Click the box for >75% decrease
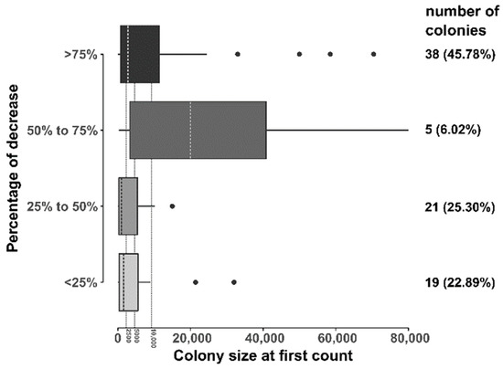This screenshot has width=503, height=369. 140,55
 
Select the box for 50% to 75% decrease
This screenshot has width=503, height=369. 198,131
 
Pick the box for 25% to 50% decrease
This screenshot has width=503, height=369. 128,206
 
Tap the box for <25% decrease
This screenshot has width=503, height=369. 129,282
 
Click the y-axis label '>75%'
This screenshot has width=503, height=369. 82,55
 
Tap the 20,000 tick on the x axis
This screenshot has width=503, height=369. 191,337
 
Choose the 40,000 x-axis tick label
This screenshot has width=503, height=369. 263,337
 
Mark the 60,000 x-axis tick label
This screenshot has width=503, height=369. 336,337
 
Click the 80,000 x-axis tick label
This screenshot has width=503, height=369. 408,337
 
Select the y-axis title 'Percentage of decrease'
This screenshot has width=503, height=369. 14,168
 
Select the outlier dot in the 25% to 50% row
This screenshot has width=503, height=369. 172,206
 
